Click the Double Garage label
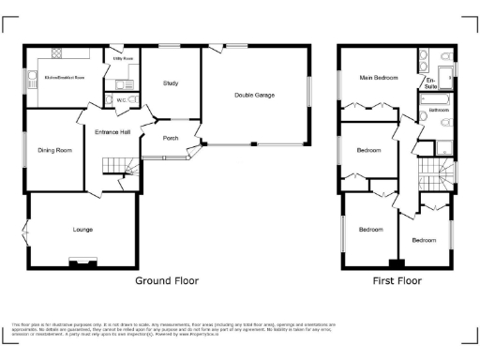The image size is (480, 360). tap(254, 95)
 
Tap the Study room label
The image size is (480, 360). tap(170, 84)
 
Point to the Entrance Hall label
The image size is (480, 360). tap(112, 132)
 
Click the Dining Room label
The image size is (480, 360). tap(54, 150)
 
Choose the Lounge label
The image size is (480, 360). tap(82, 229)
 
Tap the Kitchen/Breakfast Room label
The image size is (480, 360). tap(64, 79)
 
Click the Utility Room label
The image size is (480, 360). tap(124, 58)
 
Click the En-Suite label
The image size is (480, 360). tap(430, 83)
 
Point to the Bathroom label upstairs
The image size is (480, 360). tap(439, 111)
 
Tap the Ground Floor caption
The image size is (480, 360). tap(167, 280)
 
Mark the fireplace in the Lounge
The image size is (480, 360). tap(82, 263)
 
